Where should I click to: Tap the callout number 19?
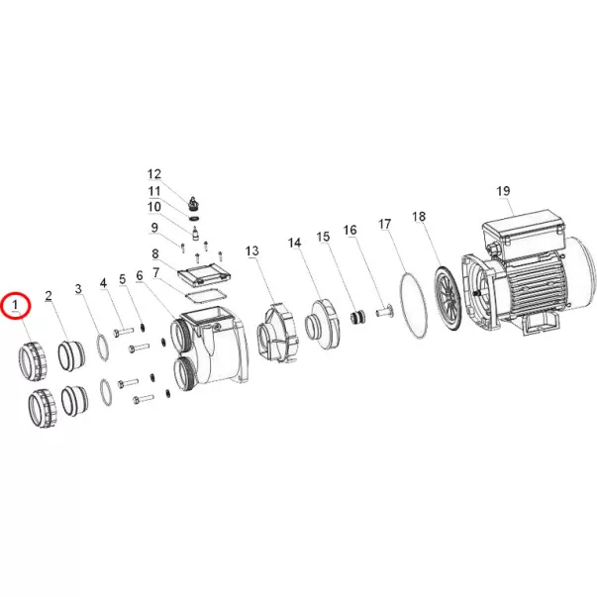click(x=503, y=191)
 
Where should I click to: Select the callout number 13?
click(x=252, y=250)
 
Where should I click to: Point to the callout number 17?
click(x=385, y=224)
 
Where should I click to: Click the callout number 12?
click(x=154, y=174)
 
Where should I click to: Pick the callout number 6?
click(x=140, y=275)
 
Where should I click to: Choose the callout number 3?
click(x=78, y=289)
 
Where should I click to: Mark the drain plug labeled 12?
click(x=194, y=204)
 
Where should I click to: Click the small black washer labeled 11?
click(x=194, y=218)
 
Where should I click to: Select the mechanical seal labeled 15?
click(x=357, y=317)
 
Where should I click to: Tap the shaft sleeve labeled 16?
click(x=384, y=311)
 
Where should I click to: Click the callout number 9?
click(x=154, y=228)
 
